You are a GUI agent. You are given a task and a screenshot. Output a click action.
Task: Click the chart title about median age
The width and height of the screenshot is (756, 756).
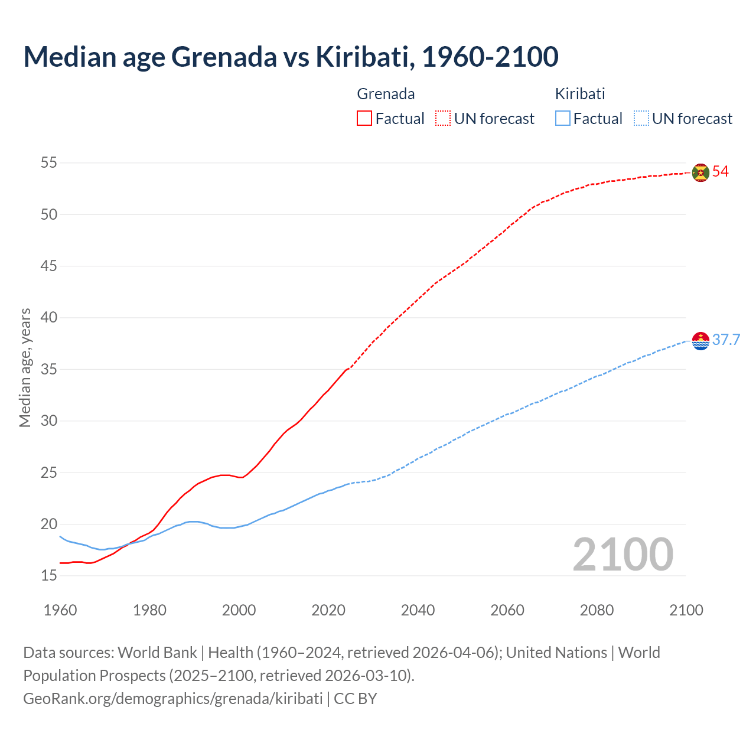pos(291,57)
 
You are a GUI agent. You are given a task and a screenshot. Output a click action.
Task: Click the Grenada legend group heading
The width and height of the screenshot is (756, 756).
pos(386,94)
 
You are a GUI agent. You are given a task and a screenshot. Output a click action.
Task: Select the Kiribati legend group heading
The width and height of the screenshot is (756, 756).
pos(580,94)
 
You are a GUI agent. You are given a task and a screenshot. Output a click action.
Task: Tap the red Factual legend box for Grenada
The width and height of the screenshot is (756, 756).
pos(364,119)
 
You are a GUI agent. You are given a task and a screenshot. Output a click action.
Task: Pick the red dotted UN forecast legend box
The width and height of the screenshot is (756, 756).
pos(443,119)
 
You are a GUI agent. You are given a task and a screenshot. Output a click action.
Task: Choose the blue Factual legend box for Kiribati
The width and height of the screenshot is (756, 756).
pos(563,119)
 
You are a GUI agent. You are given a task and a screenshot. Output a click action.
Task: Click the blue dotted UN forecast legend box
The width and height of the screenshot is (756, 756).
pos(641,119)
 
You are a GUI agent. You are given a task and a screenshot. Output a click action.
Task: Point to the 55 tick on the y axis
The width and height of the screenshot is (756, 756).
pos(49,162)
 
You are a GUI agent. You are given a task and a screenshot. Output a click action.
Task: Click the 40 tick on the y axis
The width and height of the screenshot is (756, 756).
pos(49,318)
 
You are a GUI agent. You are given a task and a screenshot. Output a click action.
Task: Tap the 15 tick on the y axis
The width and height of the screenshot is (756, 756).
pos(49,576)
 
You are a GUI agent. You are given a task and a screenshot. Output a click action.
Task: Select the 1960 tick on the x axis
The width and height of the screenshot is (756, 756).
pos(60,610)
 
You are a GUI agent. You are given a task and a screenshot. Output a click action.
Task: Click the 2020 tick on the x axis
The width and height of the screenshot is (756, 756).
pos(328,610)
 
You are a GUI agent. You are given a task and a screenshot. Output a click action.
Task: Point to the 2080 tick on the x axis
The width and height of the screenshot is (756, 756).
pos(597,610)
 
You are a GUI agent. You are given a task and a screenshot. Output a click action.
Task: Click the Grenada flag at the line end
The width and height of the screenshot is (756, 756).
pos(700,172)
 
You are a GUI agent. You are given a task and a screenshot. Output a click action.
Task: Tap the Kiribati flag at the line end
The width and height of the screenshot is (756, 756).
pos(700,341)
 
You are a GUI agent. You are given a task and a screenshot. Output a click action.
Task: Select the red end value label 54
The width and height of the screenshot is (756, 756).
pos(720,172)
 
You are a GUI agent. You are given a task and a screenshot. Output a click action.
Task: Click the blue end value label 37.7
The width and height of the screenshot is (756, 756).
pos(726,340)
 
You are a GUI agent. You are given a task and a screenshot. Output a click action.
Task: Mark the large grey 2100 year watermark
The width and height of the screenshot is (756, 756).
pos(623,555)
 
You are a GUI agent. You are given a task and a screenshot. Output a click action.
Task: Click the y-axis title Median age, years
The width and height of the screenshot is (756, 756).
pos(25,367)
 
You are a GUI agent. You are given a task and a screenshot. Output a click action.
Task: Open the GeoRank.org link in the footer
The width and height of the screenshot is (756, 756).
pos(172,699)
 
